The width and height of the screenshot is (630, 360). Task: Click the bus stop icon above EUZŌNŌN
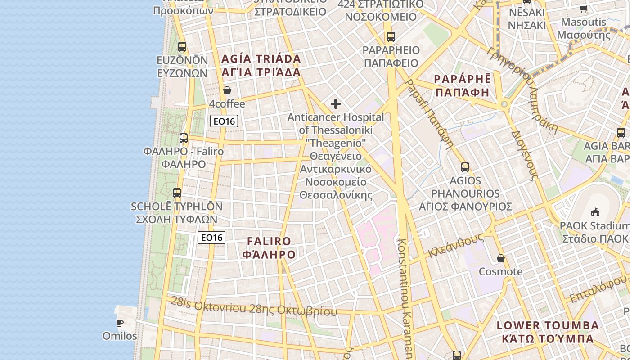pos(182,46)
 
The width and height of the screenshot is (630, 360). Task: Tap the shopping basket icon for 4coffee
pos(227,90)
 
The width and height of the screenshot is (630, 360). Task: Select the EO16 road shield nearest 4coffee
pos(224,121)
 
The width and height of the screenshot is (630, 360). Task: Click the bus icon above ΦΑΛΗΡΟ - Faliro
pos(183,138)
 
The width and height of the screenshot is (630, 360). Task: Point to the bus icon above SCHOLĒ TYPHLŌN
pos(177,193)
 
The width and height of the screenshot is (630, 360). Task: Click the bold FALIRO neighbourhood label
pos(269,241)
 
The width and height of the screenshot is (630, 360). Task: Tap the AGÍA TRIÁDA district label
pos(261,59)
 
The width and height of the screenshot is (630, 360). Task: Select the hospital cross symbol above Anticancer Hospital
pos(336,104)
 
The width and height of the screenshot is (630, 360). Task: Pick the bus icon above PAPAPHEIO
pos(391,37)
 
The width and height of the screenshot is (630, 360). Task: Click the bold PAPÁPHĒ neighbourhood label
pos(462,79)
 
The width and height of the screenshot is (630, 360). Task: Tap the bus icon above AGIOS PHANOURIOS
pos(465,167)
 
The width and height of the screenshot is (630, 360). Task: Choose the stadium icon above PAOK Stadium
pos(595,211)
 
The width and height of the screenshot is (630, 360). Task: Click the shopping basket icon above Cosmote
pos(501,258)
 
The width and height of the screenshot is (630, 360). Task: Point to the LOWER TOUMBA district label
pos(548,325)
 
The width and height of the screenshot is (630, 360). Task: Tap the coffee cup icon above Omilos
pos(120,323)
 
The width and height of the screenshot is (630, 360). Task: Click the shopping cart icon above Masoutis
pos(584,9)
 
